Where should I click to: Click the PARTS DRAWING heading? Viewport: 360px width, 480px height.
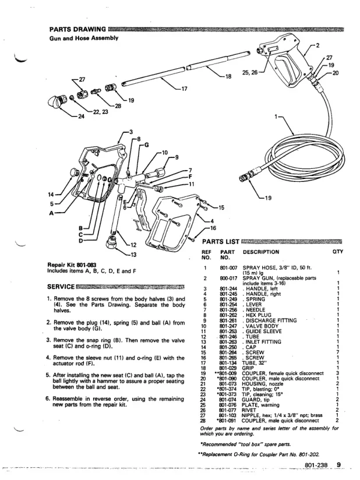click(77, 29)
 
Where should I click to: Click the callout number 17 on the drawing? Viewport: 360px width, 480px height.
click(185, 89)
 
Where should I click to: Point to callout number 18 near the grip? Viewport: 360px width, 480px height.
click(228, 76)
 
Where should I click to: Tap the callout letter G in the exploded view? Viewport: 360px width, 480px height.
click(147, 144)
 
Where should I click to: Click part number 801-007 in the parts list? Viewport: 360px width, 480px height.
click(228, 266)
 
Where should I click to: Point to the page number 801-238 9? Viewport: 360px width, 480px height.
click(324, 464)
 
